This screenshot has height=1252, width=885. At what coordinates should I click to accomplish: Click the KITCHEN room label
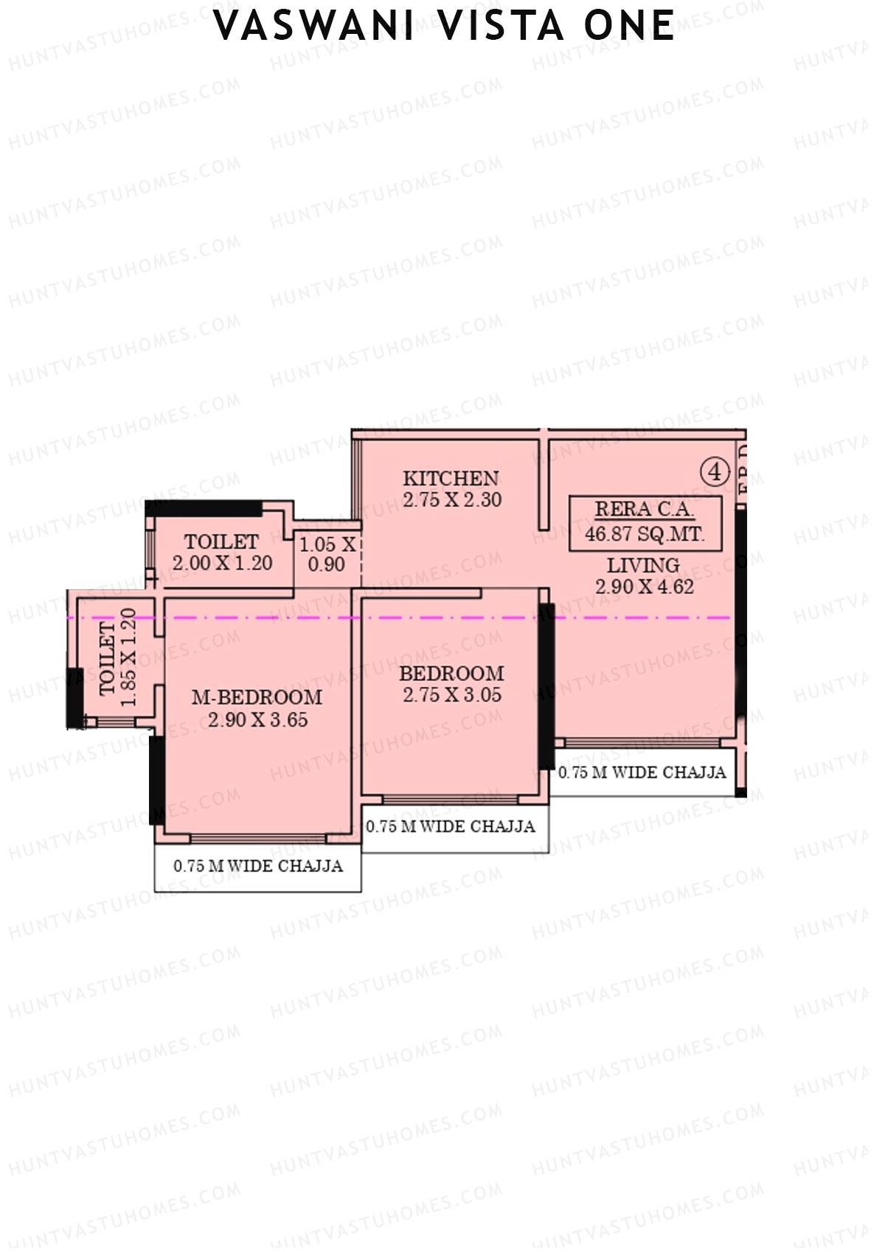point(451,478)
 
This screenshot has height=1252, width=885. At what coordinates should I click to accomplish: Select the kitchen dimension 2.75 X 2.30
point(452,499)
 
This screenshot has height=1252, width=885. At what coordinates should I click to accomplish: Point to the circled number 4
point(714,471)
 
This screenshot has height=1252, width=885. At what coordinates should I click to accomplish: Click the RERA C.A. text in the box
point(644,509)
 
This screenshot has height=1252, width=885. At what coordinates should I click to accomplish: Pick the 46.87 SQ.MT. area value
point(645,533)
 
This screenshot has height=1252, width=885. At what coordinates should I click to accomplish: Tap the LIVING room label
point(643,566)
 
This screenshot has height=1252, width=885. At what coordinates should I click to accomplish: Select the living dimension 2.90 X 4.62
point(645,587)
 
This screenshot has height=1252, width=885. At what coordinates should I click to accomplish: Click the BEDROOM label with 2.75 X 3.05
point(451,674)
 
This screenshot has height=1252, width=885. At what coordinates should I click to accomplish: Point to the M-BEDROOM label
point(257,697)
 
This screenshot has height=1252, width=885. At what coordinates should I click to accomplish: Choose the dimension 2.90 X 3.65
point(257,719)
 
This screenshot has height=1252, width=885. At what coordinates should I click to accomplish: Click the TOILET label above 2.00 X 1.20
point(221,542)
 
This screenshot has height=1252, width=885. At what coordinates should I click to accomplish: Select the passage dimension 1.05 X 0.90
point(327,554)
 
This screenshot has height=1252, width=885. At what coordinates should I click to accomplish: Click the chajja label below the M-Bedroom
point(258,865)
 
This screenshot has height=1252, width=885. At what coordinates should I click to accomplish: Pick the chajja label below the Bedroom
point(451,826)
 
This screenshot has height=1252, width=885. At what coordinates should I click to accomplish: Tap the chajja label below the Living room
point(642,772)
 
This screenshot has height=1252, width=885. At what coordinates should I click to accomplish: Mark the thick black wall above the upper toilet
point(204,508)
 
